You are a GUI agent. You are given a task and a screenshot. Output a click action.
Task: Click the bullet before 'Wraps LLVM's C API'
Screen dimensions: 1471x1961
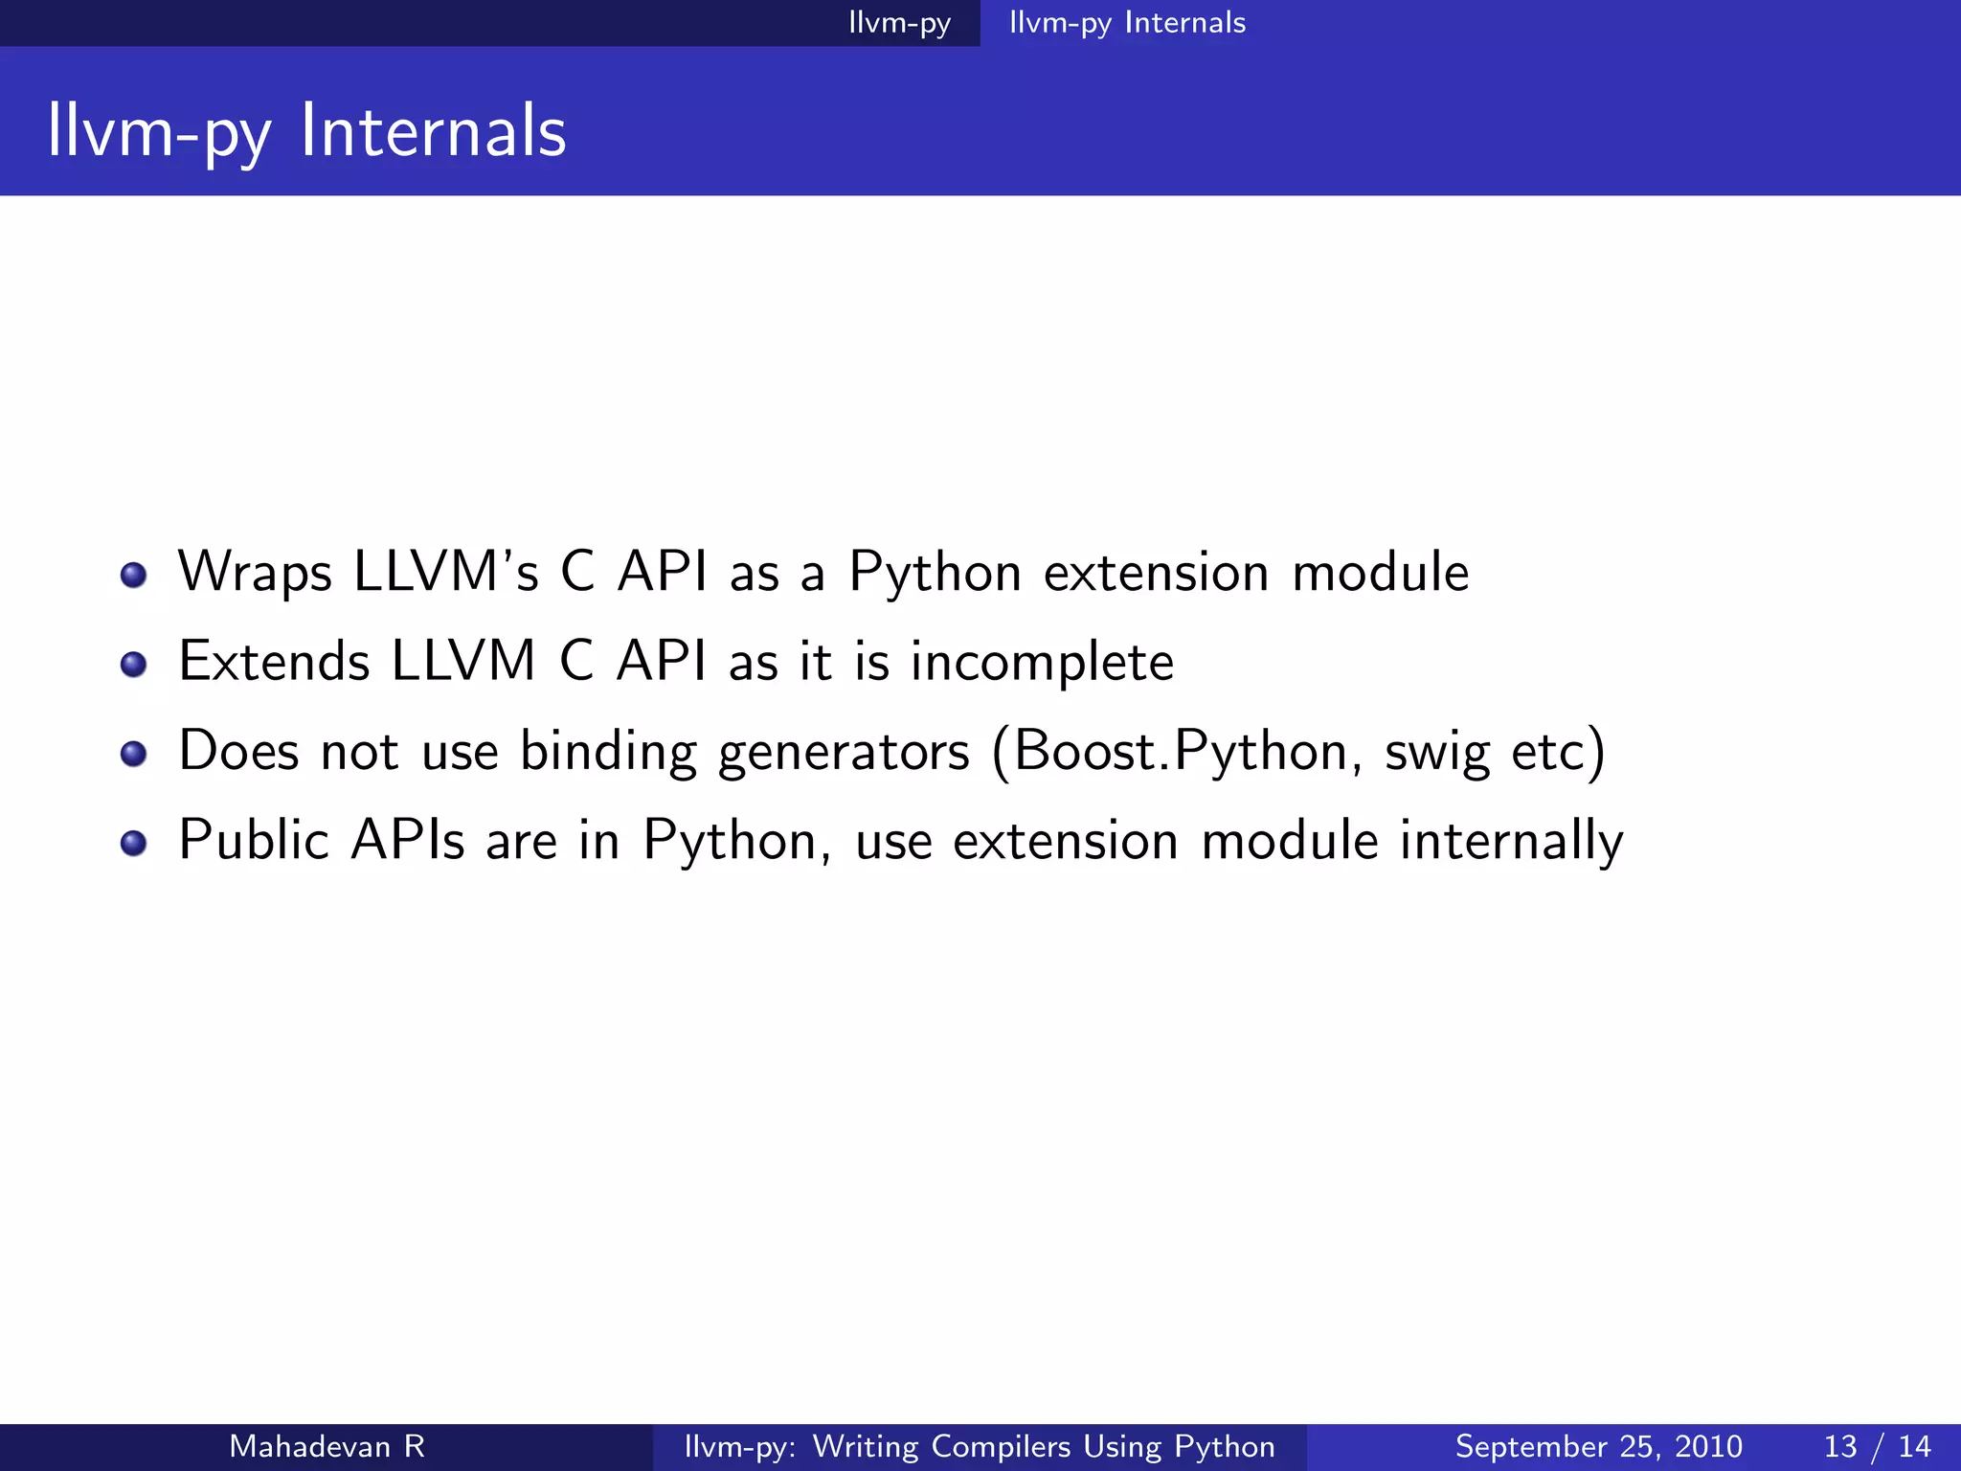134,576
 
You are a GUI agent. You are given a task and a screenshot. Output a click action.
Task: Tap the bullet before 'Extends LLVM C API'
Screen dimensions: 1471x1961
134,665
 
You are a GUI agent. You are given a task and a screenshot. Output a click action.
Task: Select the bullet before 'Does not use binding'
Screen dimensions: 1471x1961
134,754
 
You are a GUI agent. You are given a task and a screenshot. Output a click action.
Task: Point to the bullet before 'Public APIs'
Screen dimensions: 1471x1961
134,843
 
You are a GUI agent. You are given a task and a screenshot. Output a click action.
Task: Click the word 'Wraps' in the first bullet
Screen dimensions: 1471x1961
255,573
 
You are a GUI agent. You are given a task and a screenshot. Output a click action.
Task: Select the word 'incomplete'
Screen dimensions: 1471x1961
1042,663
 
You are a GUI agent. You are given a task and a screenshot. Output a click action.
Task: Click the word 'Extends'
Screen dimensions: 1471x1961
274,662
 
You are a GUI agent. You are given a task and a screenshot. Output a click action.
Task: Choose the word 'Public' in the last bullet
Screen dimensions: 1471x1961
254,840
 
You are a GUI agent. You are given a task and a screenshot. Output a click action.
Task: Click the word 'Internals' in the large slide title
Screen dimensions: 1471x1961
433,131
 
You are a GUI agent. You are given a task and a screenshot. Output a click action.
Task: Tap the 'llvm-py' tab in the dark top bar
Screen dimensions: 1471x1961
899,23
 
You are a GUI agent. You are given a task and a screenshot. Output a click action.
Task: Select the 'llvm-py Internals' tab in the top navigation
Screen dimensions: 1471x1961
1127,23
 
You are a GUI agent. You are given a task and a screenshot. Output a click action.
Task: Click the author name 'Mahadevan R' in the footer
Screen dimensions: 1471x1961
327,1446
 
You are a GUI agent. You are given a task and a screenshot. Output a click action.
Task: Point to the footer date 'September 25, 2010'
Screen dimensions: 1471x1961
1598,1446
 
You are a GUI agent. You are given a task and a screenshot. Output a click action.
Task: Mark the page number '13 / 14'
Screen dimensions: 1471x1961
1877,1446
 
